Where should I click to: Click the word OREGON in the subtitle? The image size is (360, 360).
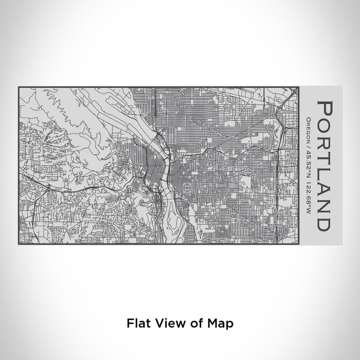(308, 128)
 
